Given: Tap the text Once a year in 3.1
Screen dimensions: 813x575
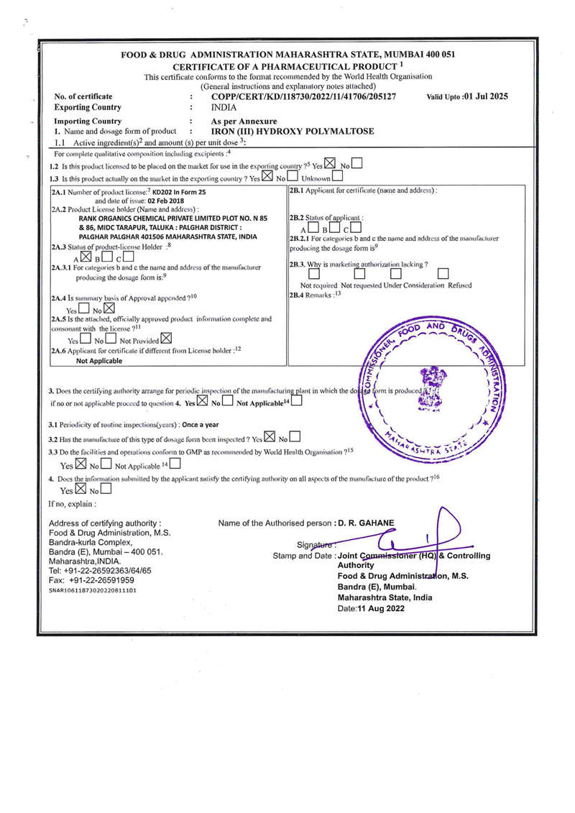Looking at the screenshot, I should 194,424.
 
